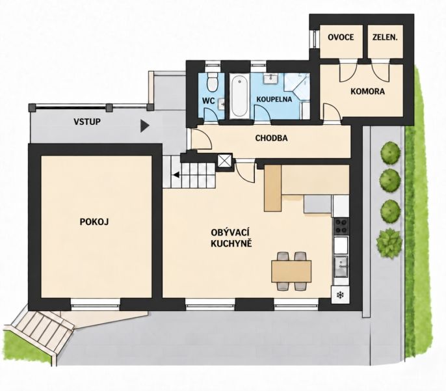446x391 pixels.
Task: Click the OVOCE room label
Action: tap(341, 37)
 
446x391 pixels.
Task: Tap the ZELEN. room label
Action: tap(385, 37)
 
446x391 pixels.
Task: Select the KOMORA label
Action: tap(367, 91)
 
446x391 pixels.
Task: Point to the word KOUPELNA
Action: tap(274, 100)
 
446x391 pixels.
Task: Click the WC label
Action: tap(208, 101)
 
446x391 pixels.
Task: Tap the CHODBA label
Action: tap(271, 139)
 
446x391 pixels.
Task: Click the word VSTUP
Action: tap(87, 122)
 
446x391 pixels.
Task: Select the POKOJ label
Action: tap(94, 222)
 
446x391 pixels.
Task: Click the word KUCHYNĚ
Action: tap(231, 243)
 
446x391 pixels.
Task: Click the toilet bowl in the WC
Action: tap(212, 81)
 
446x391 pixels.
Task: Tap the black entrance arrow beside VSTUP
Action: tap(144, 126)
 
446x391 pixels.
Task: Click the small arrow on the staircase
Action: tap(176, 175)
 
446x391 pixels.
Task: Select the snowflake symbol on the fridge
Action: tap(340, 295)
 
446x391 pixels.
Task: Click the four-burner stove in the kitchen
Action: tap(341, 226)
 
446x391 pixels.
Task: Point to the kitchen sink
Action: tap(341, 267)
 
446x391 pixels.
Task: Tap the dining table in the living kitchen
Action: tap(291, 271)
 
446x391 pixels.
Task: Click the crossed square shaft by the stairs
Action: tap(225, 161)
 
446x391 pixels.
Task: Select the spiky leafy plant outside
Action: tap(389, 244)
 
